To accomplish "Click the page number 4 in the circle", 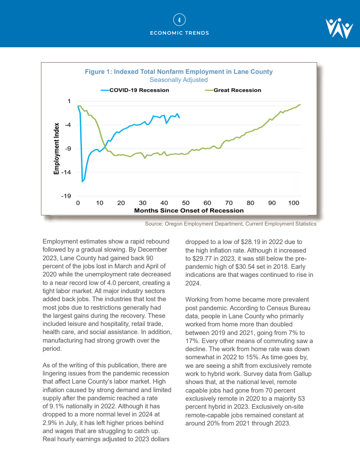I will [x=180, y=20].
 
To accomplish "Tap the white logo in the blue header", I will [x=339, y=28].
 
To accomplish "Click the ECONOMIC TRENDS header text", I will [x=180, y=33].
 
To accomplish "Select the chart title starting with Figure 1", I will [x=179, y=72].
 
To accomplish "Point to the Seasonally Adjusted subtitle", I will [x=179, y=80].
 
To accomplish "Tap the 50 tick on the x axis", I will [x=186, y=203].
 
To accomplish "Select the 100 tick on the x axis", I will [x=294, y=203].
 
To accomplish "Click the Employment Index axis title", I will [x=57, y=149].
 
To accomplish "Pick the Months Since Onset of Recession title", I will [x=189, y=210].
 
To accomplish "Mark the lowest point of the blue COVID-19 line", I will [x=82, y=181].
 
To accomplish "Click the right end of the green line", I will [x=300, y=104].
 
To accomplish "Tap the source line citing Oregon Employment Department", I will [x=230, y=224].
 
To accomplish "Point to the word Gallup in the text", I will [x=302, y=374].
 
